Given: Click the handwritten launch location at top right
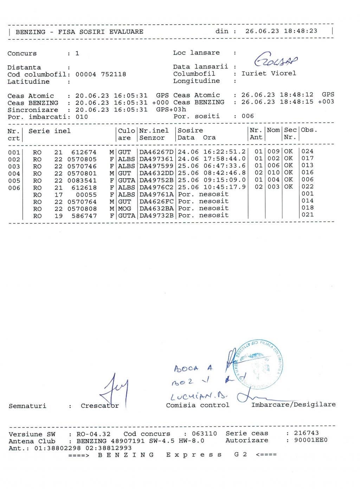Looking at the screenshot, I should [276, 62].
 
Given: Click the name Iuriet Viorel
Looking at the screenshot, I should [269, 73].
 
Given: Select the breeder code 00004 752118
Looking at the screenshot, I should [101, 75].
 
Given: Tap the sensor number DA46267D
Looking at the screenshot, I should [156, 152].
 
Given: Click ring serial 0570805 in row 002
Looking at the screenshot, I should [82, 159].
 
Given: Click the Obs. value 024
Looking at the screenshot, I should [307, 152].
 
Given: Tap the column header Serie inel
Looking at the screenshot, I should [50, 131].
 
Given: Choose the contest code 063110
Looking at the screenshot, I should [204, 434].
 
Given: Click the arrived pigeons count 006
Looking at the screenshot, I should [247, 116].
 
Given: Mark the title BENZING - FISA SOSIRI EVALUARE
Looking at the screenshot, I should [79, 32].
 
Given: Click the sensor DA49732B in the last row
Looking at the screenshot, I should [156, 216].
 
